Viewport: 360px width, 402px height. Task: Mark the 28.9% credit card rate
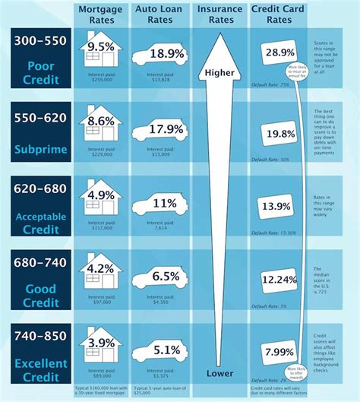point(277,52)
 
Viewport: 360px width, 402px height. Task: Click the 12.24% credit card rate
point(277,280)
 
